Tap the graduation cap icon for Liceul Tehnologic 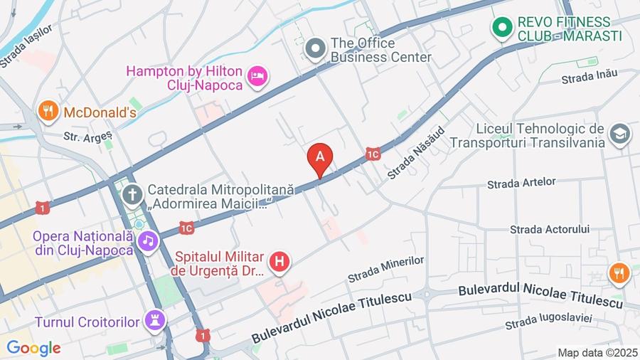pos(619,134)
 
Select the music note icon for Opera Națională pos(147,241)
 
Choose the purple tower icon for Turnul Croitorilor pos(154,321)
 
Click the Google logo pos(33,348)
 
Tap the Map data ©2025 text pos(597,352)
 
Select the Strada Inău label pos(590,76)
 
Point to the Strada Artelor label pos(521,183)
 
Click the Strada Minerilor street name pos(386,270)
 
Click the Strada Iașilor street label pos(26,45)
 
